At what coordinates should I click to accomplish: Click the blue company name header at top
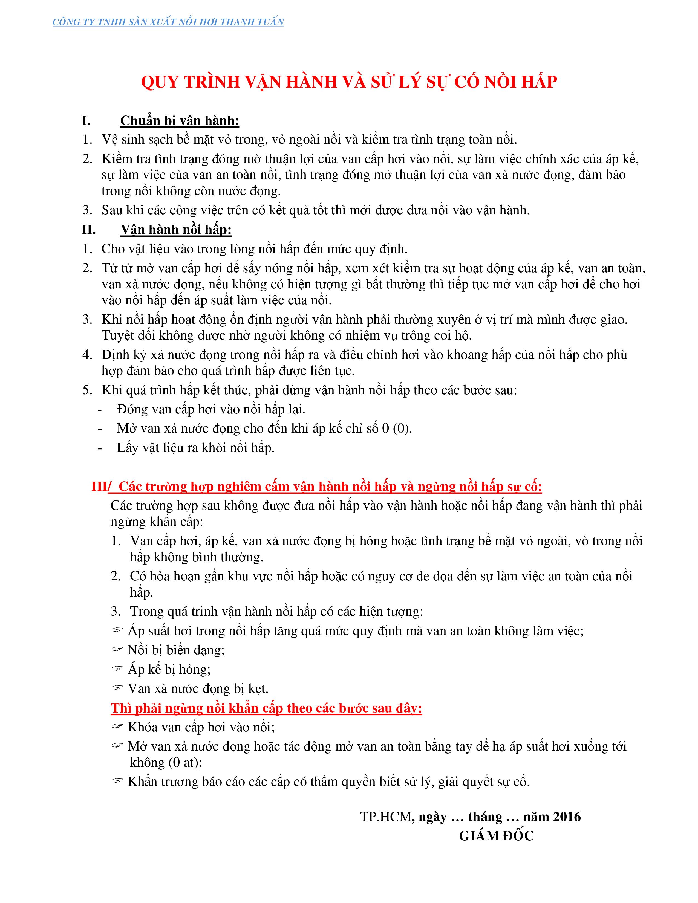(x=168, y=22)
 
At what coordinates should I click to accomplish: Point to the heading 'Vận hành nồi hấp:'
(x=176, y=230)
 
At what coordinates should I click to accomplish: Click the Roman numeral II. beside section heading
(x=88, y=230)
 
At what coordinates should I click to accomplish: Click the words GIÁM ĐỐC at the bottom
(x=496, y=836)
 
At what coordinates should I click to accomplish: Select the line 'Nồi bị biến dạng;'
(x=176, y=650)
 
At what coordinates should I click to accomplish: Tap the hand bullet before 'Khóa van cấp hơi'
(x=117, y=727)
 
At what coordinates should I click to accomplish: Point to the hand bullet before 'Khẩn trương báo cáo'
(x=117, y=781)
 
